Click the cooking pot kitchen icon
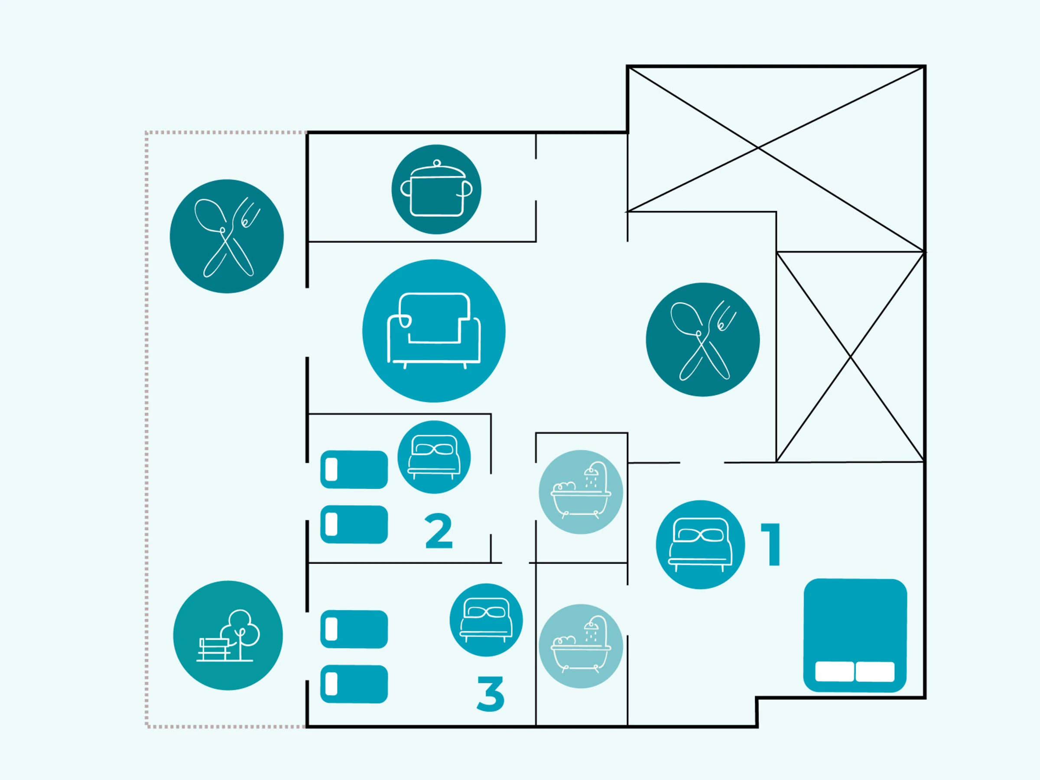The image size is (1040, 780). (x=436, y=189)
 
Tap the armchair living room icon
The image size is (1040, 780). (x=433, y=331)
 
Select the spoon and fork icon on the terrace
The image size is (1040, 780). (x=227, y=236)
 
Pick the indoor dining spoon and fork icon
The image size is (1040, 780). (x=702, y=339)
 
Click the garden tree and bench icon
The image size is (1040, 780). (x=227, y=636)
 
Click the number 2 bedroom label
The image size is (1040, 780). (x=438, y=532)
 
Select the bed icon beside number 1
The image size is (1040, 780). (x=700, y=544)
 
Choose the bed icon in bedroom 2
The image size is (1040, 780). (x=433, y=457)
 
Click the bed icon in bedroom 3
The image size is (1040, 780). (x=486, y=620)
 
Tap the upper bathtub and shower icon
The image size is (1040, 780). (x=581, y=492)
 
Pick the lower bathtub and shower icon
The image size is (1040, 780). (x=581, y=646)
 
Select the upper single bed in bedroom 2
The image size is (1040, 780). (x=354, y=470)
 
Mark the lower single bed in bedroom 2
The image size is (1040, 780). (x=354, y=524)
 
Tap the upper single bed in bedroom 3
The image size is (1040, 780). (x=354, y=629)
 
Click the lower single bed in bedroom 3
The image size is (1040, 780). (x=354, y=684)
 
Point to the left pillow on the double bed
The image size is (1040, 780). (x=834, y=671)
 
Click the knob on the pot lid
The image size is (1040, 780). (x=437, y=163)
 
